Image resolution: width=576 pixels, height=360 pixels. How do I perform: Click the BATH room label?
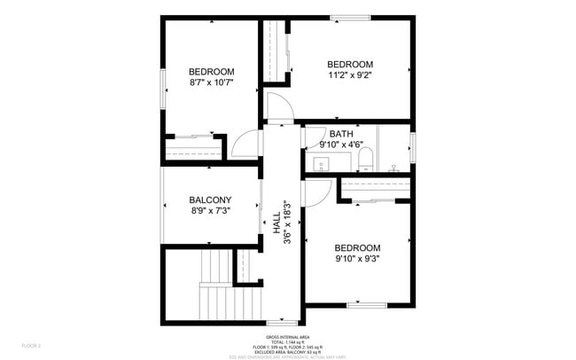[340, 134]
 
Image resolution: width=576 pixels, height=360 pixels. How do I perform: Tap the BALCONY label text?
[210, 200]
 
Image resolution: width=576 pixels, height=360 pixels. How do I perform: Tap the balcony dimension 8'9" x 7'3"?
[210, 211]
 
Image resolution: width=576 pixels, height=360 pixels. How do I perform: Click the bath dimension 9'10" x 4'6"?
[340, 145]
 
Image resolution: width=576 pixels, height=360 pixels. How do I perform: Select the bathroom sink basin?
[322, 163]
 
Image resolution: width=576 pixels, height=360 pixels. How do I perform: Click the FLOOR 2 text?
[31, 345]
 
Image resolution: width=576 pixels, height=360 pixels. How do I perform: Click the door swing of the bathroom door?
[313, 137]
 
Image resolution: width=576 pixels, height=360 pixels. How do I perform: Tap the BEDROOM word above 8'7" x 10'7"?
[211, 72]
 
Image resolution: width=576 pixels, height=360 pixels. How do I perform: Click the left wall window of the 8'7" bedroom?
[161, 88]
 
